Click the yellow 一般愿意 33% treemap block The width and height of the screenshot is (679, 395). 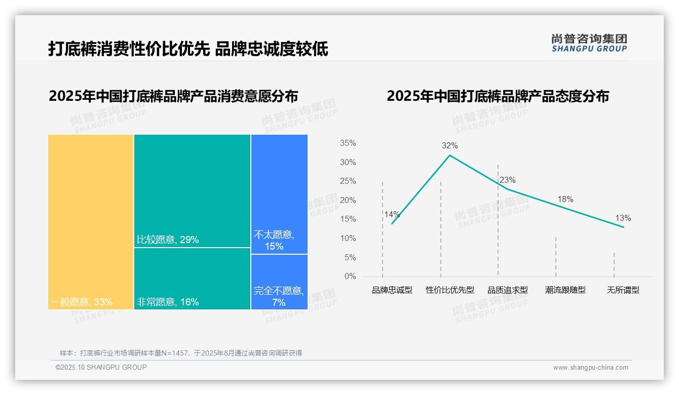tap(91, 221)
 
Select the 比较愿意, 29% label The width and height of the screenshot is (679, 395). tap(168, 240)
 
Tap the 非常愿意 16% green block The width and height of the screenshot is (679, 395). tap(192, 278)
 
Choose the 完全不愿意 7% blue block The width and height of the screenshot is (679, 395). tap(279, 282)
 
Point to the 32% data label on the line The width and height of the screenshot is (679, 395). tap(449, 146)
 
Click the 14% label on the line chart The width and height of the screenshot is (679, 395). tap(392, 214)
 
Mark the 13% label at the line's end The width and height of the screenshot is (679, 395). tap(623, 218)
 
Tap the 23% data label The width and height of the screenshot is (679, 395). tap(507, 180)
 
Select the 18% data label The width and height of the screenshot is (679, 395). tap(565, 200)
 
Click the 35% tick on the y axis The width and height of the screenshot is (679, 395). tap(348, 143)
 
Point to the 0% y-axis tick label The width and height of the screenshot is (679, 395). tap(350, 276)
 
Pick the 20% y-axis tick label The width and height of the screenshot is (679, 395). tap(348, 201)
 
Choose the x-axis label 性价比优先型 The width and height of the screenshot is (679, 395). tap(450, 290)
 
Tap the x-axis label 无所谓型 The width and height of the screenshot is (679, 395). tap(623, 290)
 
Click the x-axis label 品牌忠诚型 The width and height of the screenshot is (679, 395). tap(392, 290)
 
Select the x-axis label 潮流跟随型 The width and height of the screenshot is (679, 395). tap(565, 290)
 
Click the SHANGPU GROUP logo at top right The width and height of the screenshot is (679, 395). tap(589, 43)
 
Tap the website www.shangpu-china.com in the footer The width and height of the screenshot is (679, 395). tap(590, 368)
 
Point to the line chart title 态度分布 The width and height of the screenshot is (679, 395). tap(498, 96)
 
